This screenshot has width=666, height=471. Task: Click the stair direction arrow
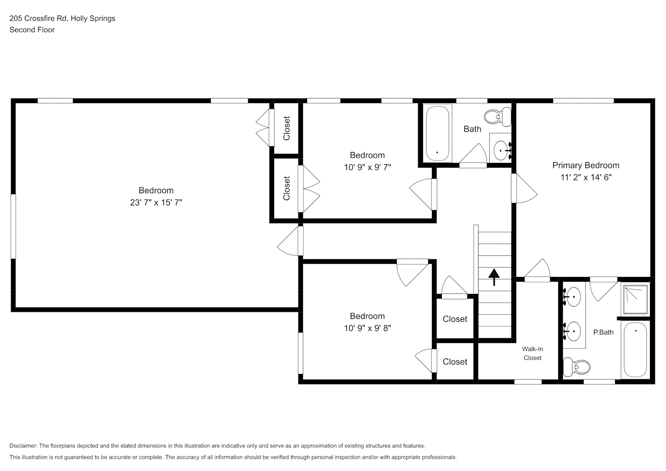(494, 277)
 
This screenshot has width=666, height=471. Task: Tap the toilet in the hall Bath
(497, 116)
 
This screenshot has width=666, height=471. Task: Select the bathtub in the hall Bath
(438, 133)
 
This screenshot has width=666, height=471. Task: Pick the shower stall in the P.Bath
(635, 299)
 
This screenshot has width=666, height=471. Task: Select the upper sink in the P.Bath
(573, 297)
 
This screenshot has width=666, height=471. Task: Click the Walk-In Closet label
(532, 353)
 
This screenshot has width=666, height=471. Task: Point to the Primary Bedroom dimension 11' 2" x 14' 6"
(585, 178)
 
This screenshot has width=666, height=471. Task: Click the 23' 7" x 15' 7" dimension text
(156, 203)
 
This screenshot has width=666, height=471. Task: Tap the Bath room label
(472, 129)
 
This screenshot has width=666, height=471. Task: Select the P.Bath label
(603, 332)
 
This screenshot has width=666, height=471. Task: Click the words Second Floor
(32, 30)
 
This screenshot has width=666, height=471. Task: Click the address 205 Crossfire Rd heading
(62, 18)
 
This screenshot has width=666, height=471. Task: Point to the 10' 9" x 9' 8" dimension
(367, 328)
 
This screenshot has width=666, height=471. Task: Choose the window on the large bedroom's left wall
(13, 226)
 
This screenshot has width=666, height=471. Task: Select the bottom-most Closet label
(455, 362)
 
